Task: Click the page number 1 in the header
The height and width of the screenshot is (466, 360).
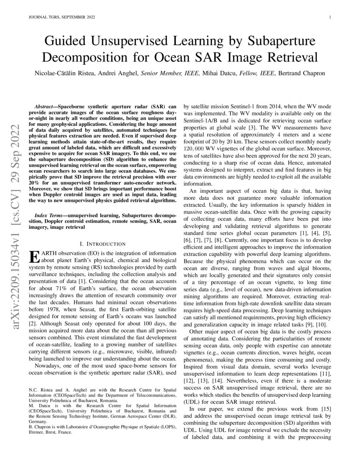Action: pyautogui.click(x=329, y=17)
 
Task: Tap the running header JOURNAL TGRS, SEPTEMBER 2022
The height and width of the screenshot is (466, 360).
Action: pyautogui.click(x=61, y=17)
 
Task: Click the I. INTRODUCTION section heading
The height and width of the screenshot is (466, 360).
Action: pyautogui.click(x=102, y=244)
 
